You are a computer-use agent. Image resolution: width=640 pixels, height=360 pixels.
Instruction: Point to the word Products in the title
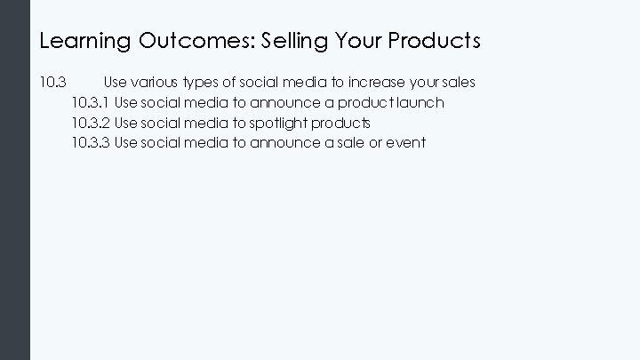(x=436, y=41)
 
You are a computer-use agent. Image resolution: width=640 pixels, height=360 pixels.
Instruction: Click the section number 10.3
(x=53, y=83)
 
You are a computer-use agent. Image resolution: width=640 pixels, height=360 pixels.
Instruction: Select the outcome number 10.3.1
(x=91, y=103)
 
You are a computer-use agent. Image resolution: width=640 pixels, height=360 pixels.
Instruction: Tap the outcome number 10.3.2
(x=91, y=123)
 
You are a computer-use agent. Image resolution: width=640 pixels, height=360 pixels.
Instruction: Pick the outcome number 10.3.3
(x=91, y=142)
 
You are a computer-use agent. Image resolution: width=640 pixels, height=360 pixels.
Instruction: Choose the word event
(x=405, y=142)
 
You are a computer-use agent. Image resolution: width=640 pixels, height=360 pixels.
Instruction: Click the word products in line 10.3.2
(x=341, y=123)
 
